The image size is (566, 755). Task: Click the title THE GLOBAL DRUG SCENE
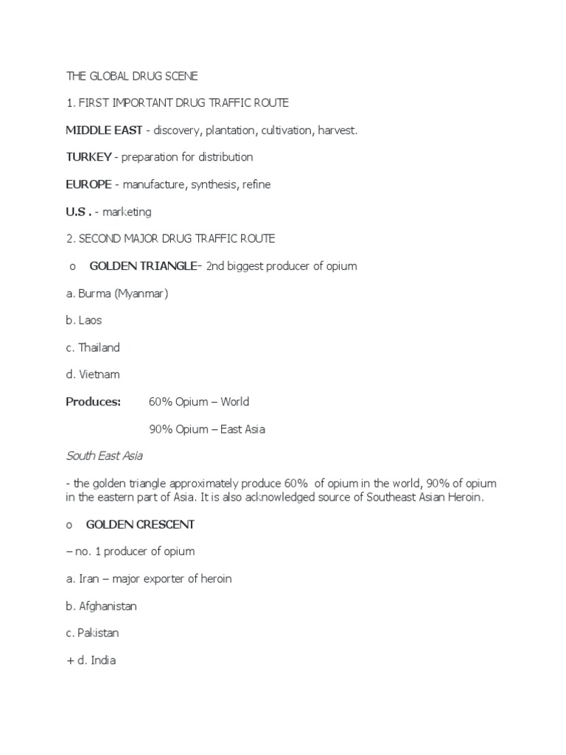[132, 76]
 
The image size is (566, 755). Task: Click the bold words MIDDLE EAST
[104, 131]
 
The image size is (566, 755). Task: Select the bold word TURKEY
[88, 157]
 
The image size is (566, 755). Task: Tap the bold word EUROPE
[89, 184]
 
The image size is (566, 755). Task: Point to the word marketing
[127, 212]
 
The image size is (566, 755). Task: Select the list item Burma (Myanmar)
[117, 293]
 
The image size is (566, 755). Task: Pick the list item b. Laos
[83, 321]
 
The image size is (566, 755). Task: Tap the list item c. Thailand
[93, 347]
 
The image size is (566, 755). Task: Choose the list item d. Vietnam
[93, 375]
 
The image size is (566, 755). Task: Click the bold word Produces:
[93, 402]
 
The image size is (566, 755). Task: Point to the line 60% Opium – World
[199, 402]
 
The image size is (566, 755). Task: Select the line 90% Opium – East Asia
[206, 429]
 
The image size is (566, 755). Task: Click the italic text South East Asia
[104, 456]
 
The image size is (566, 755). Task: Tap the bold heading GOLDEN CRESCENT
[140, 524]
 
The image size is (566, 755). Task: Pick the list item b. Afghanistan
[101, 606]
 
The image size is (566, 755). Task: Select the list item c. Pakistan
[92, 633]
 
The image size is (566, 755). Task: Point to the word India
[103, 661]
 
